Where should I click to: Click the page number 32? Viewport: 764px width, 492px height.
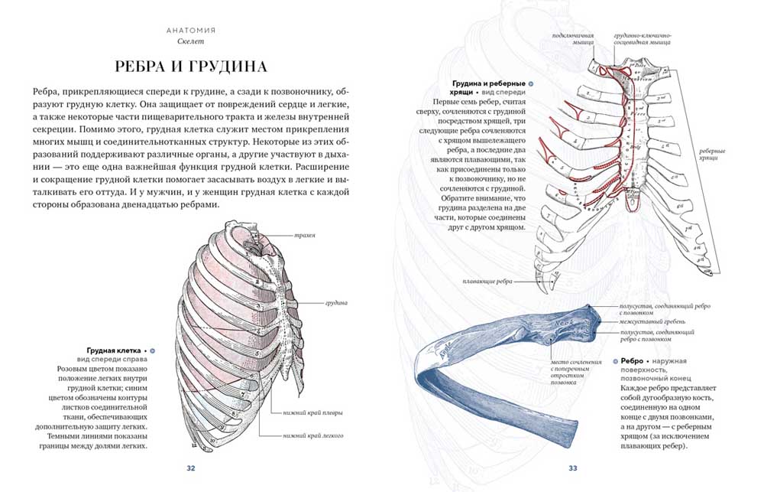[192, 468]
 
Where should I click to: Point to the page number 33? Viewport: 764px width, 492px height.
[571, 468]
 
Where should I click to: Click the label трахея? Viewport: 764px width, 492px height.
[305, 235]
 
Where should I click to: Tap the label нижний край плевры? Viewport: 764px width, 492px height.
[312, 413]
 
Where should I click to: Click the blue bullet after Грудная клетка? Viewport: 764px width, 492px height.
[152, 349]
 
